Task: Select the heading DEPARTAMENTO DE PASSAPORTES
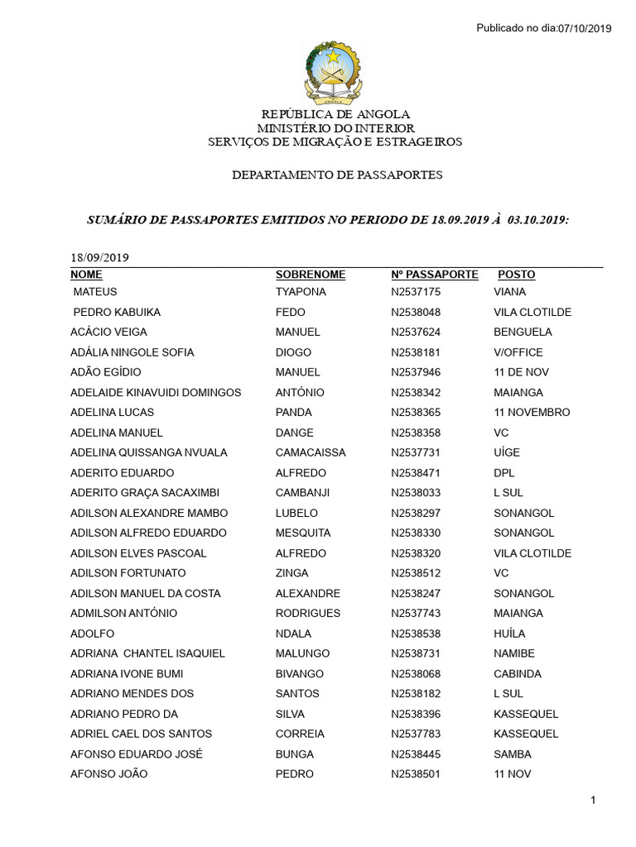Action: [337, 175]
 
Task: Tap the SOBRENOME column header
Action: [311, 275]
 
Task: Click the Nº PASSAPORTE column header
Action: [435, 275]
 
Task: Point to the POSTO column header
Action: [517, 275]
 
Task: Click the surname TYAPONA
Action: [301, 292]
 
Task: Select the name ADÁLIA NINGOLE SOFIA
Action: [132, 352]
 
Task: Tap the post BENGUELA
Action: [523, 332]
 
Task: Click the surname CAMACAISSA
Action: [311, 452]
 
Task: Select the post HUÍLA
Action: [509, 634]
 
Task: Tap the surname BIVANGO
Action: [300, 673]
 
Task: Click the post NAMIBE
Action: [514, 653]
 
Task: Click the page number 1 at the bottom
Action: [595, 800]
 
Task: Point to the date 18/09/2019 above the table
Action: [99, 257]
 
